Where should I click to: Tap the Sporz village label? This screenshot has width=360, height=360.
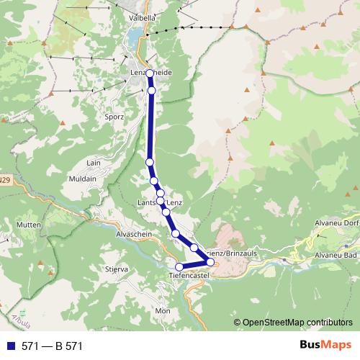click(114, 116)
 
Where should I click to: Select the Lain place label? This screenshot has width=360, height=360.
click(94, 164)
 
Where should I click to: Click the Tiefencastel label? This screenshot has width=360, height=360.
click(188, 276)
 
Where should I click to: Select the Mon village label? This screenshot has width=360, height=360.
click(162, 310)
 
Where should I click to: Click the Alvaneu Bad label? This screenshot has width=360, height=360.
click(336, 256)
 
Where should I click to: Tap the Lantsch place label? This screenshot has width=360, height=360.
click(147, 204)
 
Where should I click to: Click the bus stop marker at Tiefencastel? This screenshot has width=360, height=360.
click(179, 267)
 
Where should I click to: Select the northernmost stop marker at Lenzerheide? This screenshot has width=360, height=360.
click(150, 73)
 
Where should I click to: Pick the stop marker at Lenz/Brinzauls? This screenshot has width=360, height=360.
click(210, 262)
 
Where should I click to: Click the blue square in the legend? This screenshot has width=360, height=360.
click(11, 346)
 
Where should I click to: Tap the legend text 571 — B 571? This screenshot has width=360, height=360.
click(53, 346)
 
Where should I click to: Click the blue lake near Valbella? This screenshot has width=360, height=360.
click(135, 36)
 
